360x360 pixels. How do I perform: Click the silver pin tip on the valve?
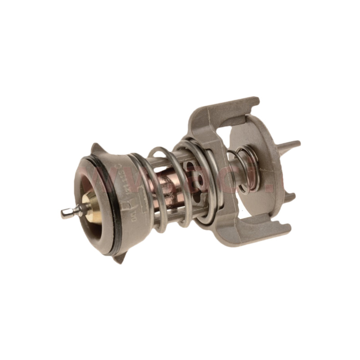[66, 213]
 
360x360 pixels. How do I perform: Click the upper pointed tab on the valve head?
[96, 148]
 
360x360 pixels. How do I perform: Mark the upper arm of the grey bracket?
[225, 112]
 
